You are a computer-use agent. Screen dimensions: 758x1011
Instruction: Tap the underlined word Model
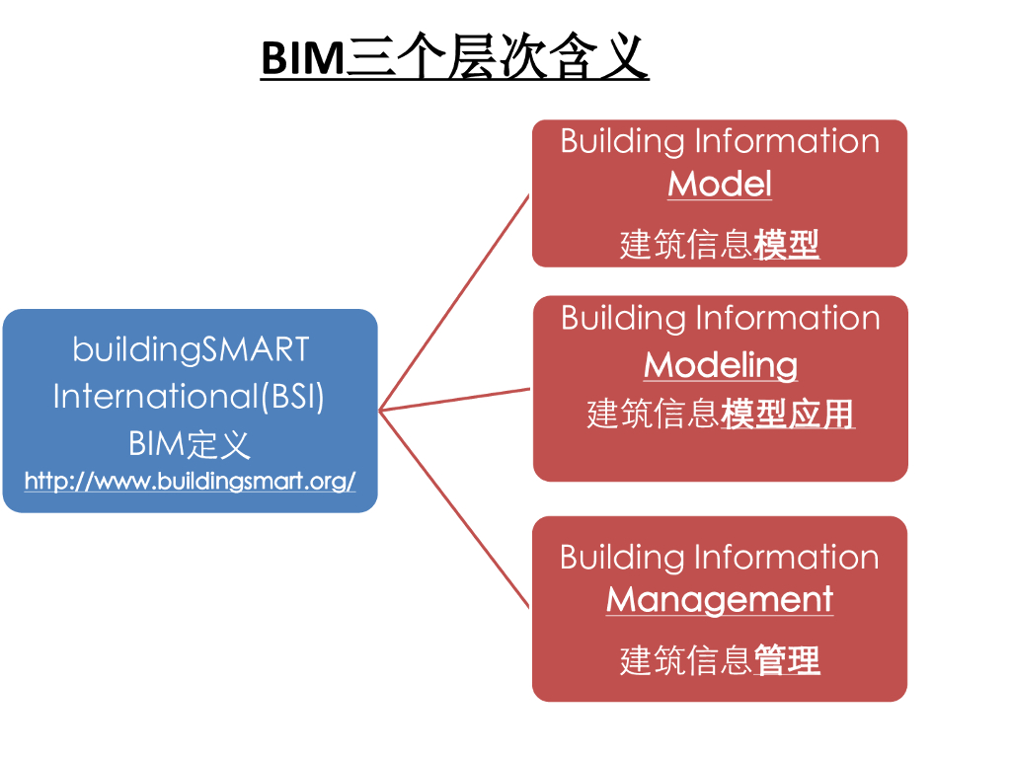(x=720, y=185)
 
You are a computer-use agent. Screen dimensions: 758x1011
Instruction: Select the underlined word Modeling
(x=721, y=365)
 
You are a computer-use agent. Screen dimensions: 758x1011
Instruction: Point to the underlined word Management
(x=720, y=600)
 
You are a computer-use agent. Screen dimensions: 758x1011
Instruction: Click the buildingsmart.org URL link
(x=190, y=482)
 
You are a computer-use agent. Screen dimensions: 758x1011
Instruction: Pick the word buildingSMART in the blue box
(x=191, y=349)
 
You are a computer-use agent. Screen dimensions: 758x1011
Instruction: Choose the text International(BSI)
(x=189, y=396)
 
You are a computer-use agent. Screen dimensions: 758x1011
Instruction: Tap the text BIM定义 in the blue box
(x=190, y=443)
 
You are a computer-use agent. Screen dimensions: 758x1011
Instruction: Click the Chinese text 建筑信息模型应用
(x=721, y=415)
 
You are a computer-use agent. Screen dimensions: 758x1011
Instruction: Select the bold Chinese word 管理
(x=787, y=660)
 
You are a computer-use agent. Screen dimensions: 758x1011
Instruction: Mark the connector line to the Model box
(x=454, y=302)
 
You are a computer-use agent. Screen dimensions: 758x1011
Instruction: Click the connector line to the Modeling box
(x=454, y=399)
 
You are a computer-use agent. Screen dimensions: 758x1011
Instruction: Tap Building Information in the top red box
(x=720, y=141)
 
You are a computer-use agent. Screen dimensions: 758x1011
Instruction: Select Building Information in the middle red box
(x=721, y=318)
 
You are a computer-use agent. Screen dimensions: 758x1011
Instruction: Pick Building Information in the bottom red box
(x=720, y=558)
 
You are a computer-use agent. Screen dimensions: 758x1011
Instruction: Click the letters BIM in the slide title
(x=301, y=59)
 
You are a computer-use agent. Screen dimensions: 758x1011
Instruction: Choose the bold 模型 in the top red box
(x=787, y=244)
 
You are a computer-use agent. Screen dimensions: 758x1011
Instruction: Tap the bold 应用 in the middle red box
(x=821, y=415)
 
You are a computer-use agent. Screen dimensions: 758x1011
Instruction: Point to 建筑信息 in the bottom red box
(x=686, y=660)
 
